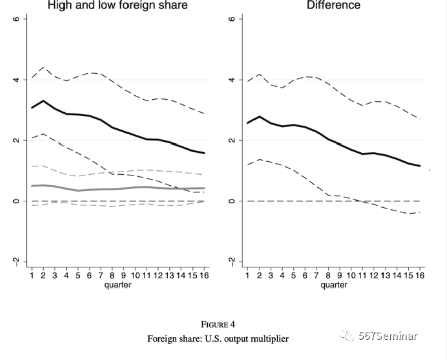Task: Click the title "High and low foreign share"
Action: [x=117, y=6]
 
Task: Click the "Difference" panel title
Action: [x=334, y=6]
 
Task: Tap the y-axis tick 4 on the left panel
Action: [x=17, y=80]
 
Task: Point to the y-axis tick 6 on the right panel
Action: [x=232, y=19]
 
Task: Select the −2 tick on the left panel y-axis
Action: [x=17, y=261]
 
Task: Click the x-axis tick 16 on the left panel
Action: [x=204, y=275]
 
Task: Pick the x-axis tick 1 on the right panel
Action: [x=247, y=275]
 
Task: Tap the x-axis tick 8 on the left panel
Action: [x=112, y=275]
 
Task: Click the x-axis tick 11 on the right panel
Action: [x=362, y=275]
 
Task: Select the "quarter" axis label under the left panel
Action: [x=118, y=285]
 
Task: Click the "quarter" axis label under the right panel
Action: [x=334, y=285]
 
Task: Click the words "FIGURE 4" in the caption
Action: [x=218, y=325]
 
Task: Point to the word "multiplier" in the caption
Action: [x=271, y=339]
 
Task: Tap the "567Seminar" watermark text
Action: [x=388, y=336]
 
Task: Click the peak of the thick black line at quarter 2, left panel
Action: [x=43, y=101]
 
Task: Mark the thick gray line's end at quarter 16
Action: [x=204, y=188]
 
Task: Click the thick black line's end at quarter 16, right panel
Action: [x=420, y=166]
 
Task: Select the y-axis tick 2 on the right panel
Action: [x=232, y=140]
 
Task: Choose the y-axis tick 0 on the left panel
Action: [x=17, y=201]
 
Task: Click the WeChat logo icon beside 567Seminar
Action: [x=347, y=336]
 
